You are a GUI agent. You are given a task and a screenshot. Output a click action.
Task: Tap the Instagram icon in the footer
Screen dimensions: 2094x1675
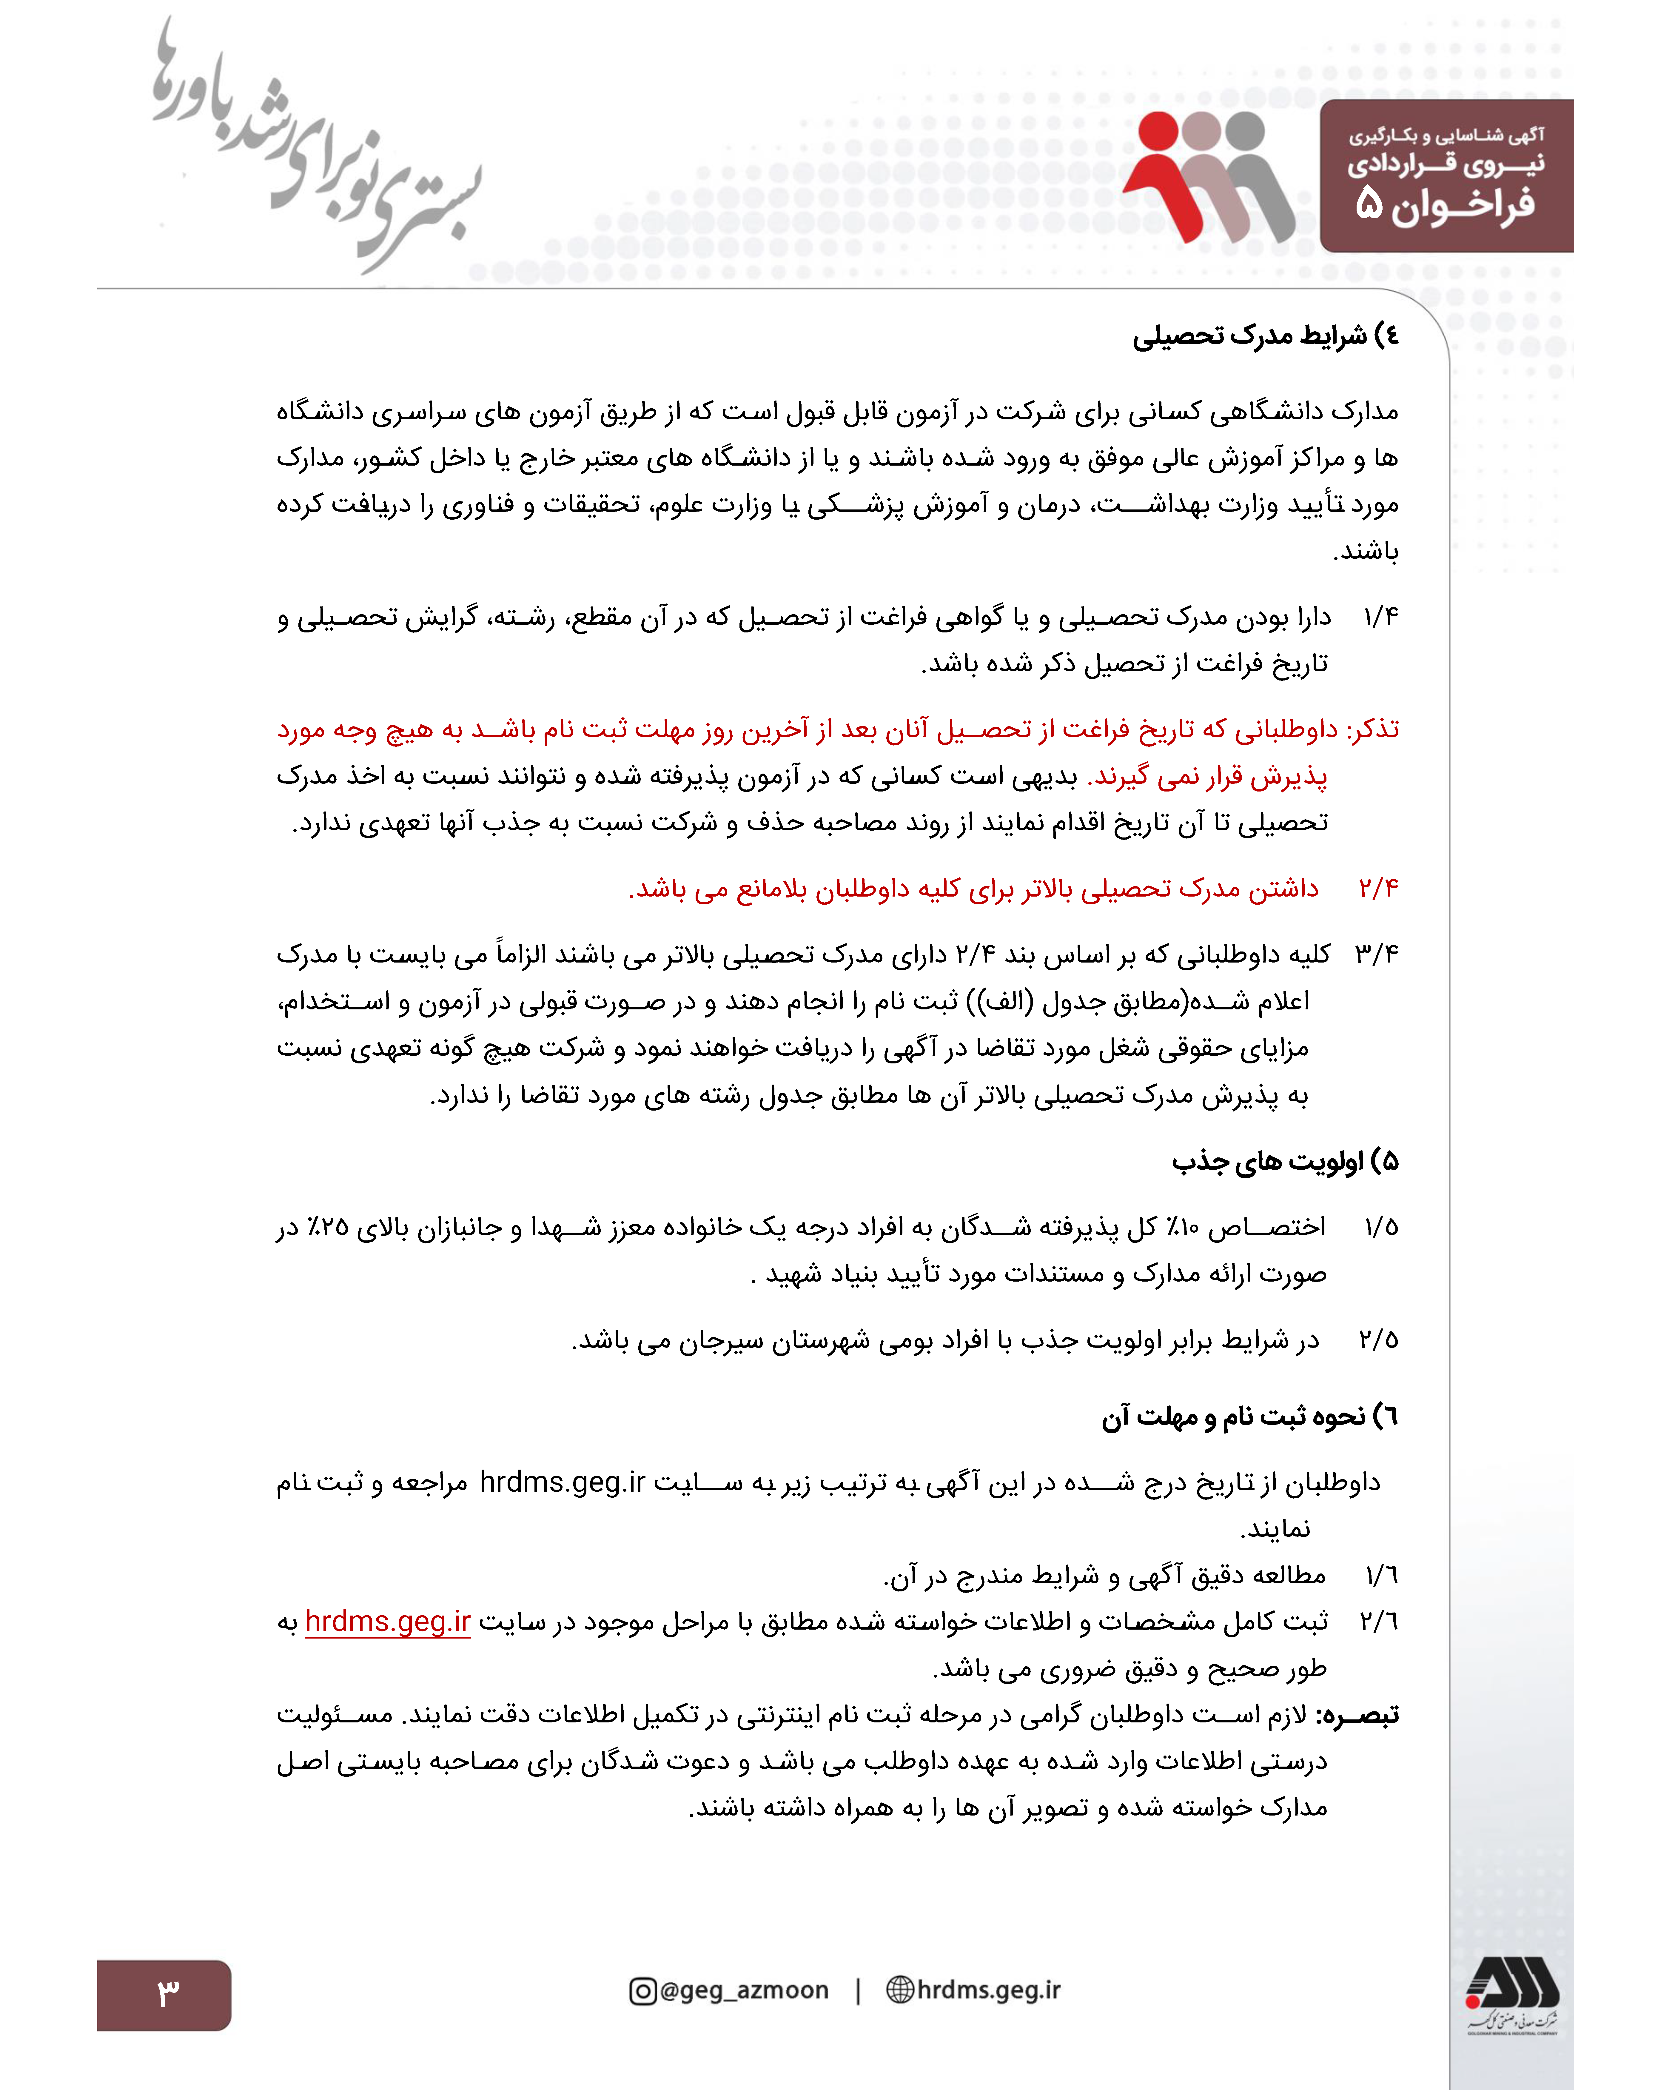642,1991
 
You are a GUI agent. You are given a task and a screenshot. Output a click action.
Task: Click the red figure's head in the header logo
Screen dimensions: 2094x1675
1158,132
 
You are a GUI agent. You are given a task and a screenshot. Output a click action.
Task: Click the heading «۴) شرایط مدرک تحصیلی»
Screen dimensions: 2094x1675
1265,336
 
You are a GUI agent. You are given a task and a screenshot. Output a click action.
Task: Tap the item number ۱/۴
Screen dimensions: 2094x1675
1380,618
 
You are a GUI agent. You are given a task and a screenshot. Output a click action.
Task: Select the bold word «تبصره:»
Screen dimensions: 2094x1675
1357,1715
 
